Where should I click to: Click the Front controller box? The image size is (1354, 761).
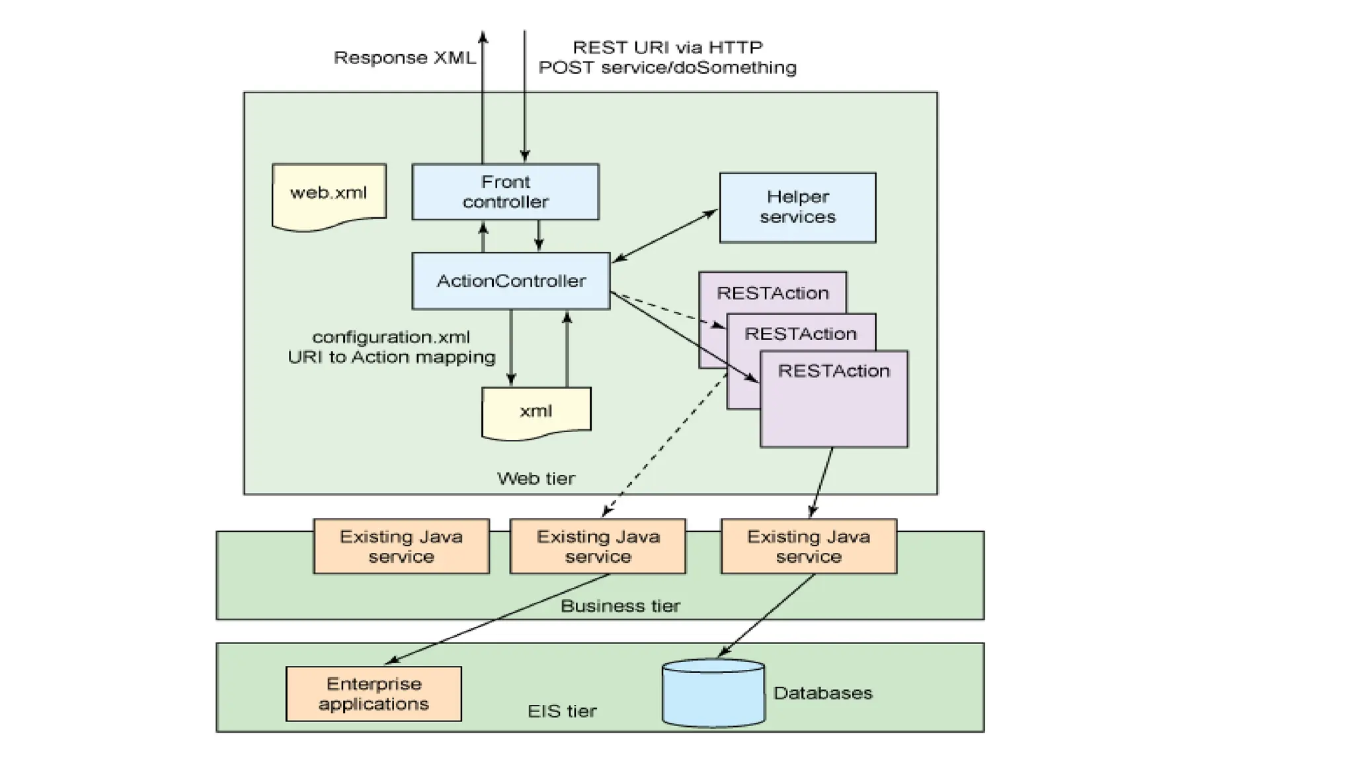(x=505, y=192)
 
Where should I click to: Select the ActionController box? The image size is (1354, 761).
(x=510, y=281)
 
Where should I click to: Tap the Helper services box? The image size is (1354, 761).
(x=797, y=207)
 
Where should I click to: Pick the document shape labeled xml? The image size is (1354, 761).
(x=536, y=411)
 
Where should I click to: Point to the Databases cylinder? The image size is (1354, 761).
(x=713, y=694)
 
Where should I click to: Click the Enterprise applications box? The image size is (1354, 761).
(x=374, y=694)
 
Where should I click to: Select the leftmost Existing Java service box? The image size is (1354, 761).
(x=401, y=546)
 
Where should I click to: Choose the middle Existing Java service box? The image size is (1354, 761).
(x=598, y=546)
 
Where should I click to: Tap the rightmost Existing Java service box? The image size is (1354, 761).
(x=808, y=546)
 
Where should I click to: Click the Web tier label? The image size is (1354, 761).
(x=536, y=478)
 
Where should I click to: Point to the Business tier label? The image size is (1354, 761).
(x=619, y=606)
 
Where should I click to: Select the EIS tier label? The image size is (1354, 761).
(x=561, y=711)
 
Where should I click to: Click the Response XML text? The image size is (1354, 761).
(x=404, y=58)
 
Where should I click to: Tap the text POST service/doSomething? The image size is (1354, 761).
(x=667, y=68)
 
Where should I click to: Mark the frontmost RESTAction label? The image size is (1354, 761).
(x=833, y=371)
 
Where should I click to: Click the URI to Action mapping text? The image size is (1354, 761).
(x=391, y=357)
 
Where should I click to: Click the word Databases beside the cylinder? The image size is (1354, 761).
(x=822, y=693)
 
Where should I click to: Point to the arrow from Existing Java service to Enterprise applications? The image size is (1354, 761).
(x=496, y=618)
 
